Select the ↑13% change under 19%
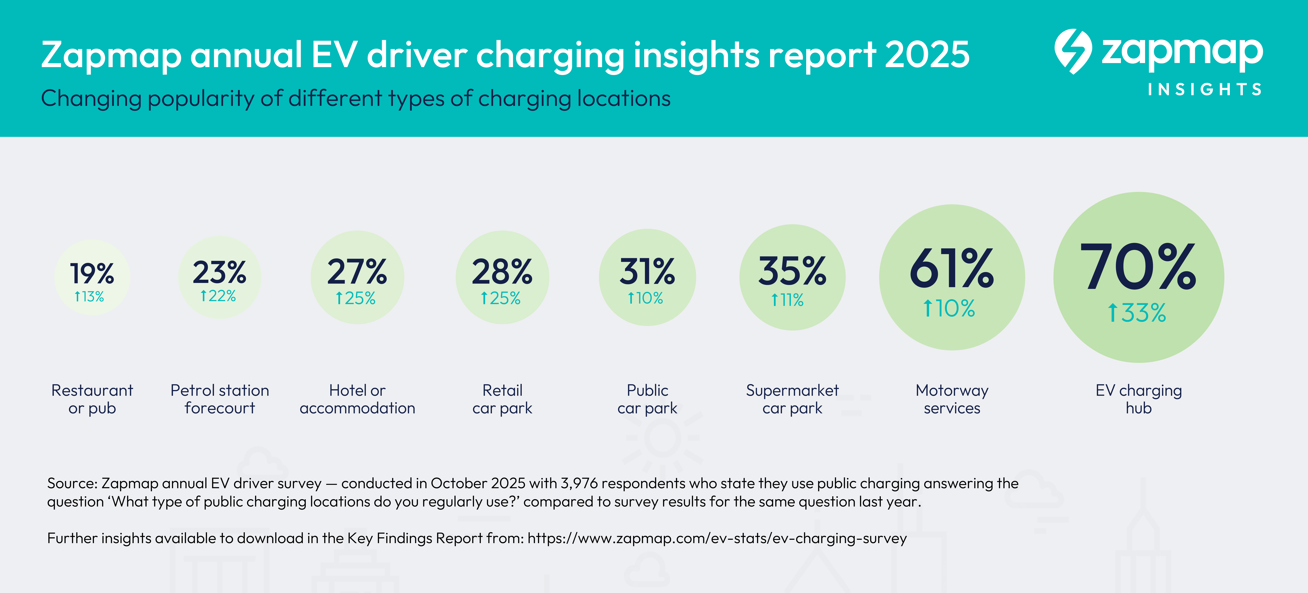[89, 296]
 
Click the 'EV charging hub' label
[1138, 399]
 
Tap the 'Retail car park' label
[502, 399]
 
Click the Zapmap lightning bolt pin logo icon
[1072, 51]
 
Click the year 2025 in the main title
[927, 55]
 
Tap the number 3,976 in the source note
[579, 483]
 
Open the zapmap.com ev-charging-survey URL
[717, 538]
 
